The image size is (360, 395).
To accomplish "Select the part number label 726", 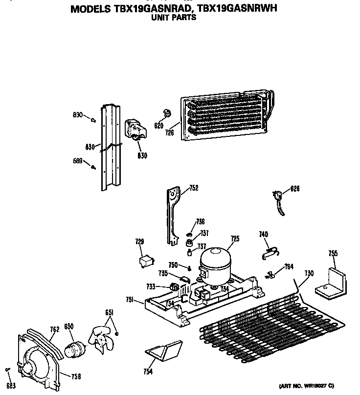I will coord(170,132).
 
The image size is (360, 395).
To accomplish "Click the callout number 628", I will coord(294,188).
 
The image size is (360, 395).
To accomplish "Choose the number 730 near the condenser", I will coord(309,273).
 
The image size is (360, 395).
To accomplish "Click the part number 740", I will coord(264,235).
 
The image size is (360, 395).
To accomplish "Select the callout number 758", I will coord(76,376).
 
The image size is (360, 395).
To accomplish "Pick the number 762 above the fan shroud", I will coord(54,329).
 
